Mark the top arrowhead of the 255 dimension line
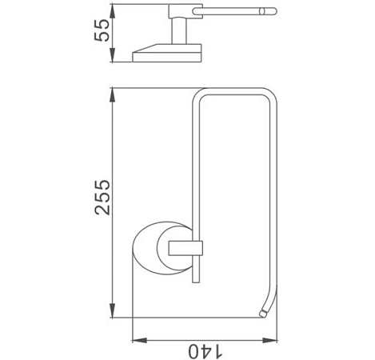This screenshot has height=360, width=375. tap(113, 88)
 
